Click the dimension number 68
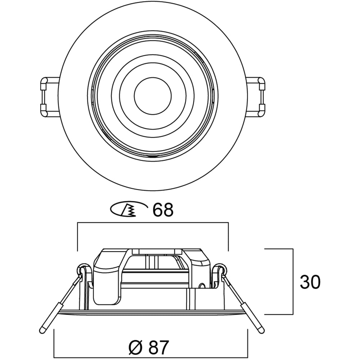coord(163,210)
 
